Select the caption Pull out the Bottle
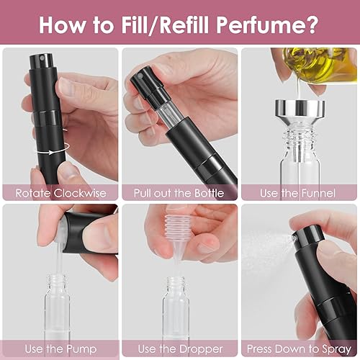tap(179, 193)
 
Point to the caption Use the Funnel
tap(298, 193)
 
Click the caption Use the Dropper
tap(179, 349)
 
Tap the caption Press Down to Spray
tap(298, 349)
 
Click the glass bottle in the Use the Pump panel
tap(59, 310)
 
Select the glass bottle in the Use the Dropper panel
tap(176, 310)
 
